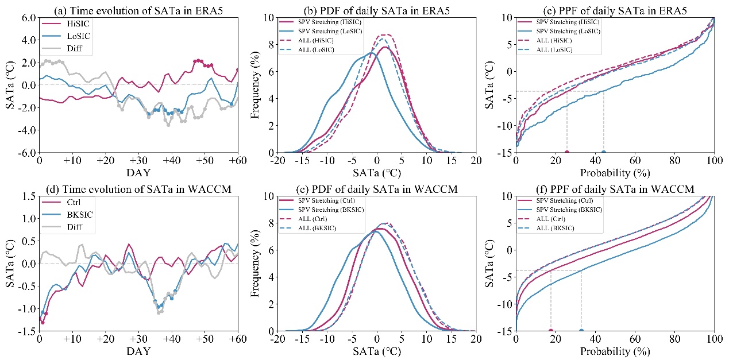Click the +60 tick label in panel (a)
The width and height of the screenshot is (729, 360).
point(237,161)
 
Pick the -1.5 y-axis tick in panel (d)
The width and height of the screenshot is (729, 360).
point(24,331)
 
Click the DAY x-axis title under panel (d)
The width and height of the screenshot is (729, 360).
point(138,350)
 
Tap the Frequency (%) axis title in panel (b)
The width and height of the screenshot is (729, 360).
point(256,85)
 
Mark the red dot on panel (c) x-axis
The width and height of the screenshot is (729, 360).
point(567,153)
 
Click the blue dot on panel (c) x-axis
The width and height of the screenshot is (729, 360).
point(603,153)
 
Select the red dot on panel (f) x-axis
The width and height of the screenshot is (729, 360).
point(551,331)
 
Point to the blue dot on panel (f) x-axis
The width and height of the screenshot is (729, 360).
point(581,331)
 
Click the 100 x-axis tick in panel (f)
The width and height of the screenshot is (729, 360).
point(714,339)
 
